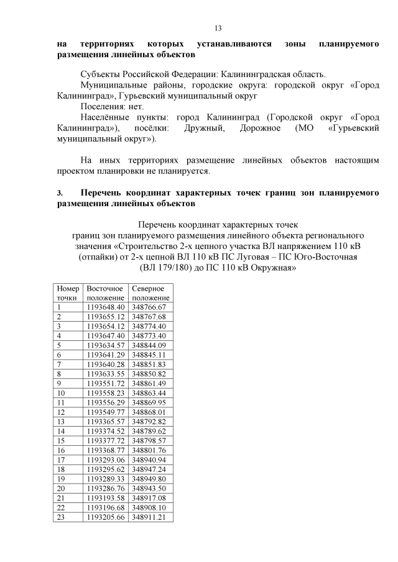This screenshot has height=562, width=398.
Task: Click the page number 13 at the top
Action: pos(218,29)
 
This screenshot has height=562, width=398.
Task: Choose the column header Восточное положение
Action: pos(105,293)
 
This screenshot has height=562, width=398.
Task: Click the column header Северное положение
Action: pos(150,293)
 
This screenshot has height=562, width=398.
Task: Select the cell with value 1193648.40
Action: pos(106,307)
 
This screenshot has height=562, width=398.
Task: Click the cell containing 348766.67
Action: pos(150,307)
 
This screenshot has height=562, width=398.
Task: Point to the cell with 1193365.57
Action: pos(106,422)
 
